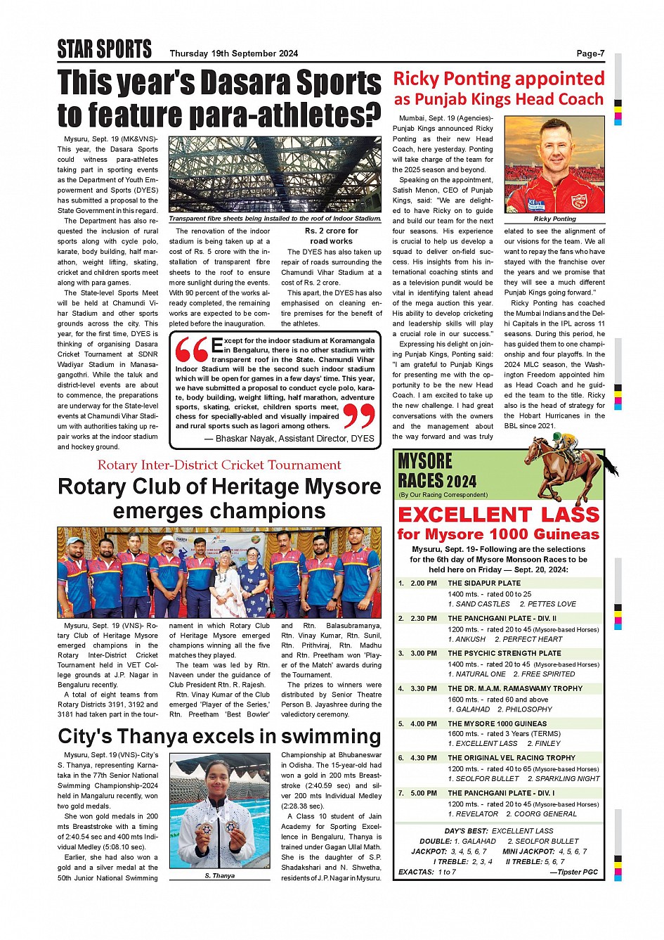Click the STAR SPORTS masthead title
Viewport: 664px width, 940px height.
coord(104,49)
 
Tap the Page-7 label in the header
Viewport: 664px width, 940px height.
coord(590,53)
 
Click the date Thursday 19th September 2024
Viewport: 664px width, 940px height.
coord(233,53)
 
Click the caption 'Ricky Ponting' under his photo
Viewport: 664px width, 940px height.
coord(554,219)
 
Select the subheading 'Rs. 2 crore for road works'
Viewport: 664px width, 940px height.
coord(331,236)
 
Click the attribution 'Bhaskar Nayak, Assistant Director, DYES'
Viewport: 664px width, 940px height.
coord(289,439)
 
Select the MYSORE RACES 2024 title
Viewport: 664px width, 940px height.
coord(436,471)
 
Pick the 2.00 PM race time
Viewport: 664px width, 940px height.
coord(424,583)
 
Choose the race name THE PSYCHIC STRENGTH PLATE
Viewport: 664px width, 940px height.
coord(504,653)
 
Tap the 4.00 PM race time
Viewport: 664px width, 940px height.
coord(424,723)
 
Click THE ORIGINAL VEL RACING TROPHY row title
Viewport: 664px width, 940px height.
coord(512,758)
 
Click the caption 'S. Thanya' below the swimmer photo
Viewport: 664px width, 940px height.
coord(220,876)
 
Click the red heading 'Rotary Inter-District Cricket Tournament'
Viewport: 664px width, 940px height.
coord(219,465)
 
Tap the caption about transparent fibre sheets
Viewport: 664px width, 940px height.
coord(275,219)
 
